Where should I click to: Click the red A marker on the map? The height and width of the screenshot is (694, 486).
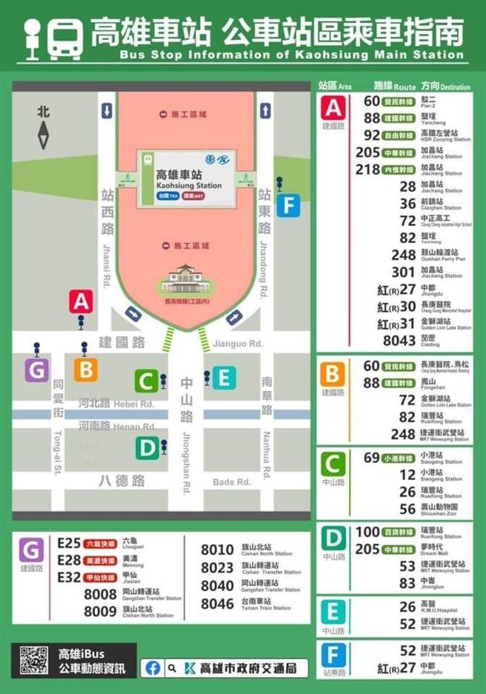81,301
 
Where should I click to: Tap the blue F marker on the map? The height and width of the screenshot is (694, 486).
288,205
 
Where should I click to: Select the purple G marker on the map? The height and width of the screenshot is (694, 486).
36,370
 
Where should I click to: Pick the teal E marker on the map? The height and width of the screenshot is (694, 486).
224,378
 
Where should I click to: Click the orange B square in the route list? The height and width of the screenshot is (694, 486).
333,374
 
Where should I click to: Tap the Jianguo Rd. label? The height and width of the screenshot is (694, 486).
238,343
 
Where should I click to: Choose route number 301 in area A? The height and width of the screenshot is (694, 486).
403,271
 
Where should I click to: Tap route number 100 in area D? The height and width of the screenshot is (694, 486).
367,531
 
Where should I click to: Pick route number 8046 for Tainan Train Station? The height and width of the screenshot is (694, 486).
217,604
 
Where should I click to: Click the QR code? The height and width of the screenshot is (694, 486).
33,660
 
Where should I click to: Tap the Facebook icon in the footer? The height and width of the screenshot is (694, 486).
153,667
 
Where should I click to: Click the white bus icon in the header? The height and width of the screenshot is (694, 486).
66,39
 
